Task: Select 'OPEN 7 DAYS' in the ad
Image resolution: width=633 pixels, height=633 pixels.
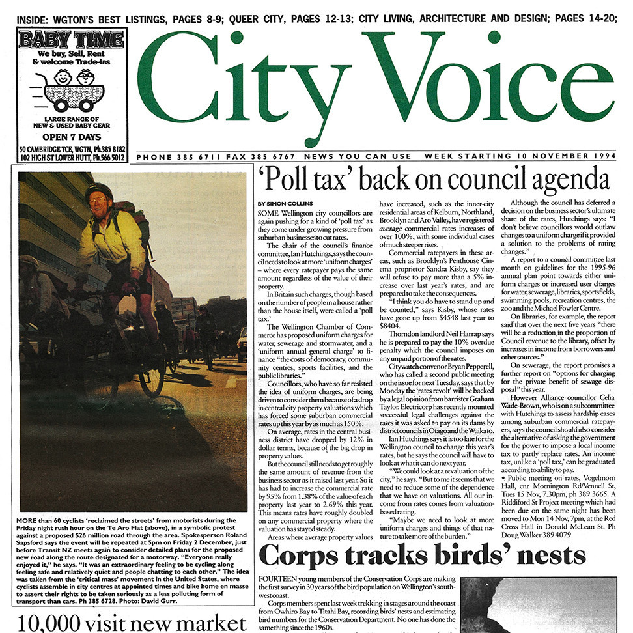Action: [73, 136]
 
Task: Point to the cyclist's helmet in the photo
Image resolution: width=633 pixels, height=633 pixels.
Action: [99, 191]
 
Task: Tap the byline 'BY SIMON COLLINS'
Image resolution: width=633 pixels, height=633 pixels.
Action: [285, 204]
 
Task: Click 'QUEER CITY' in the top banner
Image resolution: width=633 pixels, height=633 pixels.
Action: [251, 18]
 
